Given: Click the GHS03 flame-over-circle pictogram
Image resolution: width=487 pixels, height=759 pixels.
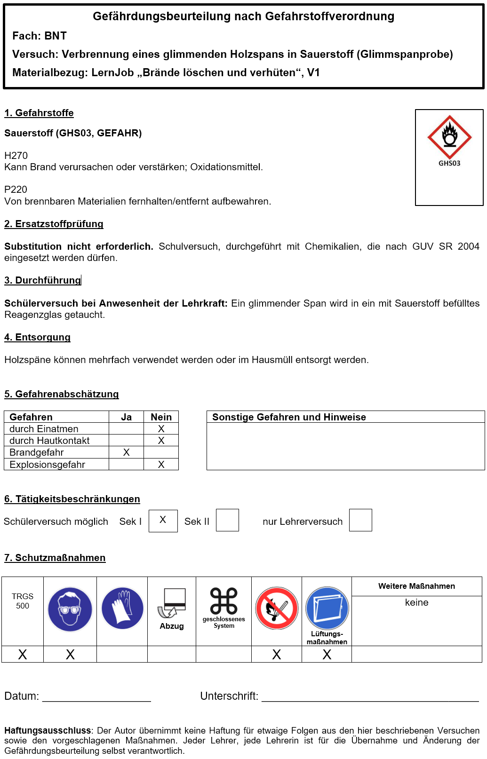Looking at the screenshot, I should click(449, 137).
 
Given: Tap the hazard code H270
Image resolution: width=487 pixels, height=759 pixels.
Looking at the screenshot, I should click(16, 156).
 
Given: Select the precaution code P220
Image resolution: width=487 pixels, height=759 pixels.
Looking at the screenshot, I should click(16, 190).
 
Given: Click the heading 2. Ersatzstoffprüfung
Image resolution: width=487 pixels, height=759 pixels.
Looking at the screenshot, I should click(54, 224).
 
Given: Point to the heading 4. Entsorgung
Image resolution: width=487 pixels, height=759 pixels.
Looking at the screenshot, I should click(38, 337).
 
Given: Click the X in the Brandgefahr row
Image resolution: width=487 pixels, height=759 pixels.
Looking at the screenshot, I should click(126, 452).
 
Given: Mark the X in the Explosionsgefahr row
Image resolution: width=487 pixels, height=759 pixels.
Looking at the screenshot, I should click(161, 465).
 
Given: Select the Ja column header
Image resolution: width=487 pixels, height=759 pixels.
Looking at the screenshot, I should click(126, 417).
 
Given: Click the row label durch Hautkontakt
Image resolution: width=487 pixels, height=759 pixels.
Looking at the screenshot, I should click(49, 441).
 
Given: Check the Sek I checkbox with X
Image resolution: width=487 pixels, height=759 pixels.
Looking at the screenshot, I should click(163, 521).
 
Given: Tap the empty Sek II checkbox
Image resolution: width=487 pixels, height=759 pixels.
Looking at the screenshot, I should click(227, 521).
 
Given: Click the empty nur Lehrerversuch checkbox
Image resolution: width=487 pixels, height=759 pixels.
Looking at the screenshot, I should click(360, 521).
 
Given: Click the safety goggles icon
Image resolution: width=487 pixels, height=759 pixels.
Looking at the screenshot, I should click(70, 609).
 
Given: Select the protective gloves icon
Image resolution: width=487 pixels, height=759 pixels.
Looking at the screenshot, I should click(122, 608).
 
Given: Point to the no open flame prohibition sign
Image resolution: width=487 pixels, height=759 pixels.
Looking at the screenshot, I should click(277, 608).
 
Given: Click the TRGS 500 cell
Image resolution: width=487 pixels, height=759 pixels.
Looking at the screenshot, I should click(23, 601).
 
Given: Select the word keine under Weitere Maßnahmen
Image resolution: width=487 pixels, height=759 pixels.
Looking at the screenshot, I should click(416, 602).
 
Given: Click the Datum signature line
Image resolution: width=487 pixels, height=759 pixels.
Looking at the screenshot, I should click(96, 700).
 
